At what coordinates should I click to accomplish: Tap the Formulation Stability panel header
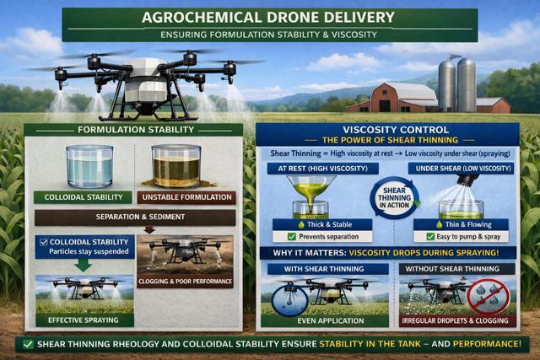pyautogui.click(x=132, y=131)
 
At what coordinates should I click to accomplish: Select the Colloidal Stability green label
pyautogui.click(x=83, y=197)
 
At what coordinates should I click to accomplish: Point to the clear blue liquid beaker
pyautogui.click(x=89, y=165)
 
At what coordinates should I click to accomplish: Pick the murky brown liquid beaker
pyautogui.click(x=175, y=166)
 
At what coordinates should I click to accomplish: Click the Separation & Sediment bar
pyautogui.click(x=134, y=217)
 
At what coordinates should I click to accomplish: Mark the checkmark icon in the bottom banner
pyautogui.click(x=30, y=344)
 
